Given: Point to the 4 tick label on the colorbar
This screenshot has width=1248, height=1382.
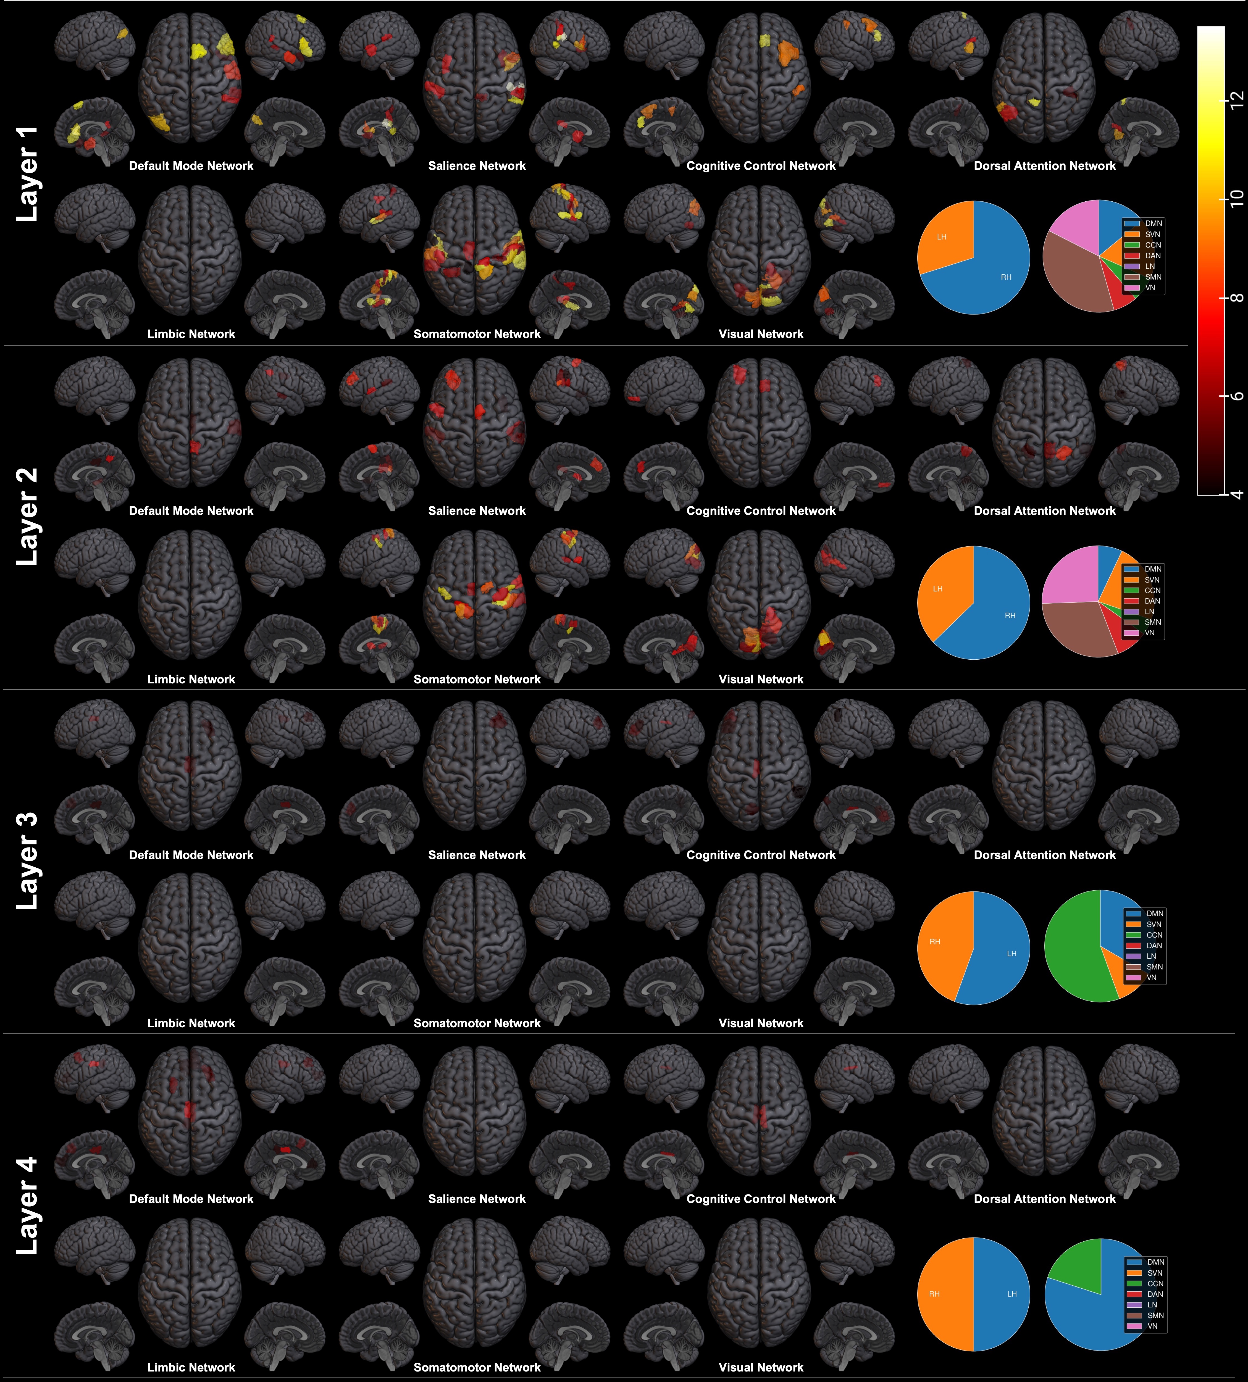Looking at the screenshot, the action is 1236,494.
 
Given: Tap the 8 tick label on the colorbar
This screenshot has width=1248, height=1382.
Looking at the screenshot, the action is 1236,298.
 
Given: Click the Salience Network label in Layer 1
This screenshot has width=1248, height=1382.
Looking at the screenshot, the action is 477,166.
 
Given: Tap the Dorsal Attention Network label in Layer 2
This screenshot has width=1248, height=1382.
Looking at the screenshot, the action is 1044,511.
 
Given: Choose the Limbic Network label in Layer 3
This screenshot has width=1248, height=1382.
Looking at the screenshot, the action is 191,1023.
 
